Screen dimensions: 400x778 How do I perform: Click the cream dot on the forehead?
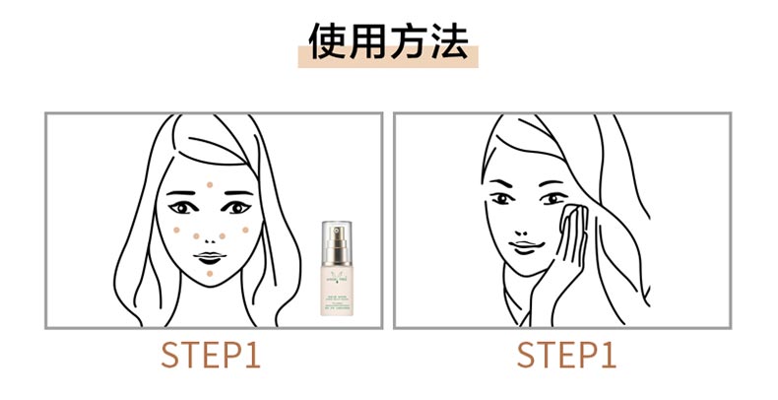click(211, 185)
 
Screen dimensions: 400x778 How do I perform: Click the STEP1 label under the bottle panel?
click(212, 356)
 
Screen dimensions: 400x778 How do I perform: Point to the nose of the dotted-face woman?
click(208, 235)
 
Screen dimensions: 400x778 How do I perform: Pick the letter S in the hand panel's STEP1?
click(527, 356)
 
